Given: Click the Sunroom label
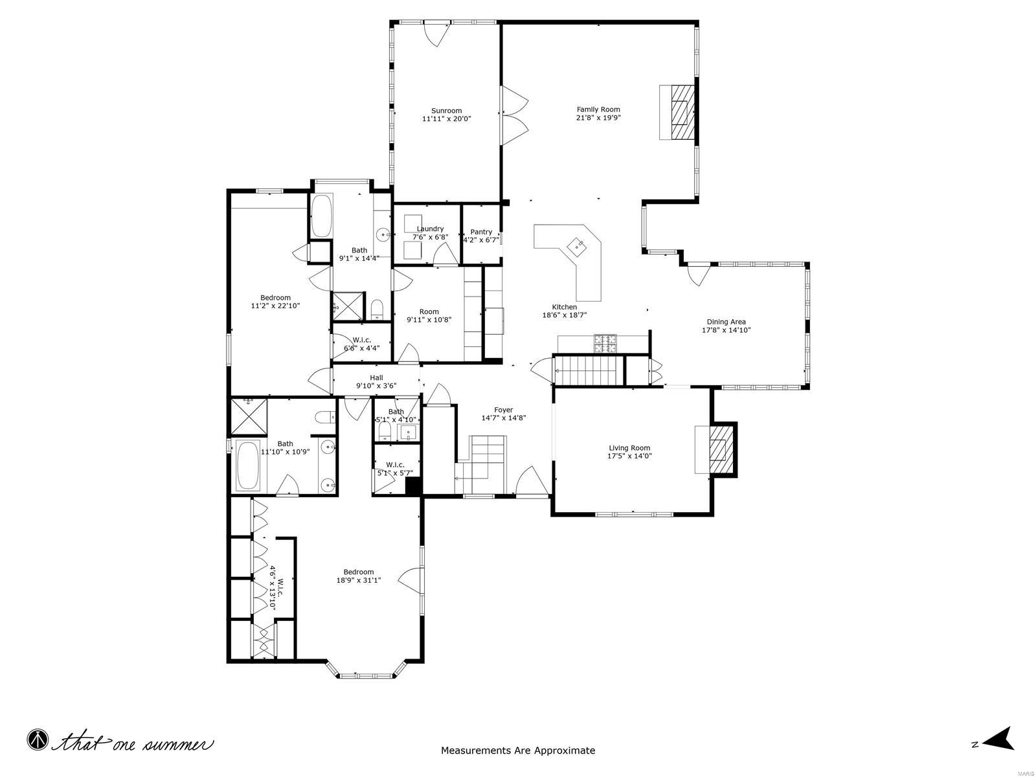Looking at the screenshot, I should tap(446, 111).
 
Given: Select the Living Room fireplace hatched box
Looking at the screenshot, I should tap(719, 449).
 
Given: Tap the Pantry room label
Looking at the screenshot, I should tap(481, 232).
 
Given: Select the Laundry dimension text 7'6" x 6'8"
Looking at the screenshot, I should tap(430, 237).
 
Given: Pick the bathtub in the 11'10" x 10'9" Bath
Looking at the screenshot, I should tap(247, 466).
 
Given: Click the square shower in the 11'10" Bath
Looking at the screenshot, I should tap(249, 416).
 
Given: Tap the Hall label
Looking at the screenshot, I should tap(376, 377).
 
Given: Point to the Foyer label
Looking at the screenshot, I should tap(503, 410).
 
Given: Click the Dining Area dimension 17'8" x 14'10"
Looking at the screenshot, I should tap(726, 330).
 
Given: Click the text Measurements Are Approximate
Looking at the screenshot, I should tap(518, 751).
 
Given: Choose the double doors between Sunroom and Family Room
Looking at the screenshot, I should tap(515, 117).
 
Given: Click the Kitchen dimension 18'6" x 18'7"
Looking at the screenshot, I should tap(564, 315).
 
